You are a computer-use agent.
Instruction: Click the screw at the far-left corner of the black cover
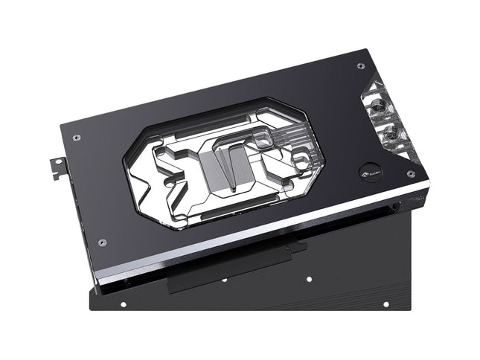pos(77,136)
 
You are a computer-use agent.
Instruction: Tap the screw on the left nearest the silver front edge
pos(102,242)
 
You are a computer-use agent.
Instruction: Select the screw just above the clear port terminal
pos(360,66)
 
